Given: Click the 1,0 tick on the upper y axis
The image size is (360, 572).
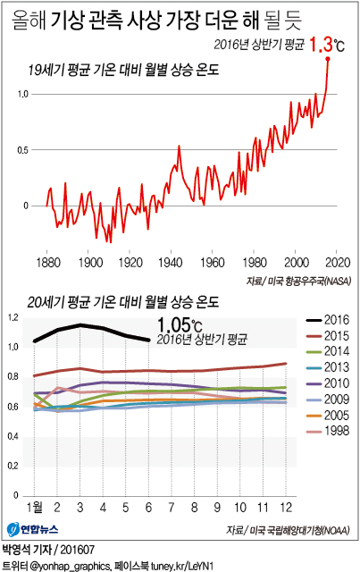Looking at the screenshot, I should [x=23, y=94].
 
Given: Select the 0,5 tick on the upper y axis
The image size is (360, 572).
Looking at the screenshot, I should [x=23, y=149].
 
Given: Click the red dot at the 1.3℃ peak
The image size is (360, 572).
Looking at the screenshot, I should [x=329, y=59].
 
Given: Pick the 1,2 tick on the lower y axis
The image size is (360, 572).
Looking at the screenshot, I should [x=13, y=317].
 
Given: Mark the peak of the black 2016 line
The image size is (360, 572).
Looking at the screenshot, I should [x=81, y=324].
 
